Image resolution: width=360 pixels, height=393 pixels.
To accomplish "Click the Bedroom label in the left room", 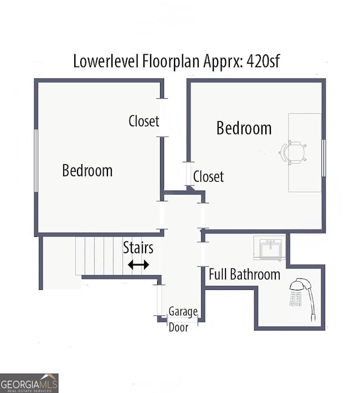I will (x=87, y=170).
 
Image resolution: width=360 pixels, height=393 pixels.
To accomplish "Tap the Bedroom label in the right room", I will (x=244, y=128).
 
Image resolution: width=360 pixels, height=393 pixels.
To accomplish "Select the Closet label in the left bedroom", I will (x=143, y=121).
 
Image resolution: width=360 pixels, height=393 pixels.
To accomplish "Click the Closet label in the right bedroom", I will (x=208, y=177).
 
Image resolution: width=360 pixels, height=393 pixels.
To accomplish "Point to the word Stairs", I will (x=138, y=248).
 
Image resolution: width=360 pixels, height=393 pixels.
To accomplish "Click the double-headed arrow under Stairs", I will (x=138, y=265).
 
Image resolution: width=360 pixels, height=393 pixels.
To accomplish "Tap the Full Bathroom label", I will (x=244, y=274).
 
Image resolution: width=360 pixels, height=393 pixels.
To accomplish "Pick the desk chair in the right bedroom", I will (x=294, y=152).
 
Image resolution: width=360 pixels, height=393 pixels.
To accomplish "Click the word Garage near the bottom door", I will (x=183, y=312).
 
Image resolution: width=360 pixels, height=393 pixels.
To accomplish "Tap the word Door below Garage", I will (x=178, y=327).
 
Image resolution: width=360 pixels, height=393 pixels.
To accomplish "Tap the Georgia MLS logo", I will (x=29, y=383).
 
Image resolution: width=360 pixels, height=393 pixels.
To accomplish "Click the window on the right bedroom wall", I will (x=323, y=158).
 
